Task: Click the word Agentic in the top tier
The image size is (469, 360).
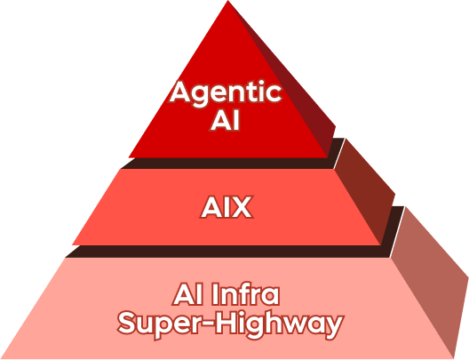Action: (226, 93)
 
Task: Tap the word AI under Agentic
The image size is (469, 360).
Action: (226, 121)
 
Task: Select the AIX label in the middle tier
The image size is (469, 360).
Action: (227, 207)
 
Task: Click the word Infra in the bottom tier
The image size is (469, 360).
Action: (246, 294)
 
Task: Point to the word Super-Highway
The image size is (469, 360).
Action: (230, 324)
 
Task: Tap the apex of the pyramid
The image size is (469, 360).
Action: (228, 1)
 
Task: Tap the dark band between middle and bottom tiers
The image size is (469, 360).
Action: (234, 252)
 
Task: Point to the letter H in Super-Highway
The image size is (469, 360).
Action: (224, 323)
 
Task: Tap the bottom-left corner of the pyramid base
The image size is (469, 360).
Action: (1, 358)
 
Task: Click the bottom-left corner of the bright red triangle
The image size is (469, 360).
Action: (129, 157)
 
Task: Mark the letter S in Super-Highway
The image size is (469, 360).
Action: (127, 324)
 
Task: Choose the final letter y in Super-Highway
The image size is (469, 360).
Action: (333, 328)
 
